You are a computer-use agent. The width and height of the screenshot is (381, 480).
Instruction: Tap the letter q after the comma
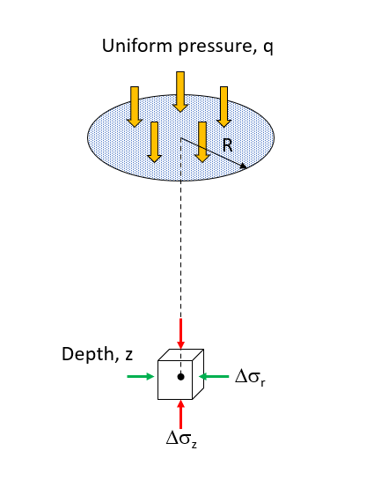[267, 48]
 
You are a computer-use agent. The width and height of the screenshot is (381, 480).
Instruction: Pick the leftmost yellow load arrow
[135, 105]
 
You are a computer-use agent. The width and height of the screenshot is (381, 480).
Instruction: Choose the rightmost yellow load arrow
[223, 105]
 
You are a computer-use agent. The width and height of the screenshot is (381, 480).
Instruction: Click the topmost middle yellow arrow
[180, 91]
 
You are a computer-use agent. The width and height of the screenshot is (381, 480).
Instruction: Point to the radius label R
[226, 144]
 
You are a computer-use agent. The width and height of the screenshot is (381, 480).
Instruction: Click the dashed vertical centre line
[180, 247]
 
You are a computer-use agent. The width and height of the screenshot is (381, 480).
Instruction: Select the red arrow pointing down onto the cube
[180, 333]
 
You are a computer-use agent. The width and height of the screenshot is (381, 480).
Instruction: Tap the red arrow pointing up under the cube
[180, 413]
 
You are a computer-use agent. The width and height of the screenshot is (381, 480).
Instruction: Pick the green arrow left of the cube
[140, 377]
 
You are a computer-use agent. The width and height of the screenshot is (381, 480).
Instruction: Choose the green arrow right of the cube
[217, 377]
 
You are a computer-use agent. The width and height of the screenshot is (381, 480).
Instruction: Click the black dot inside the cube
[180, 376]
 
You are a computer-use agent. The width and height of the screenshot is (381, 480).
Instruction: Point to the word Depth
[86, 354]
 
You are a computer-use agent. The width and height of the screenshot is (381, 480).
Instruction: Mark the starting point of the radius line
[181, 138]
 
